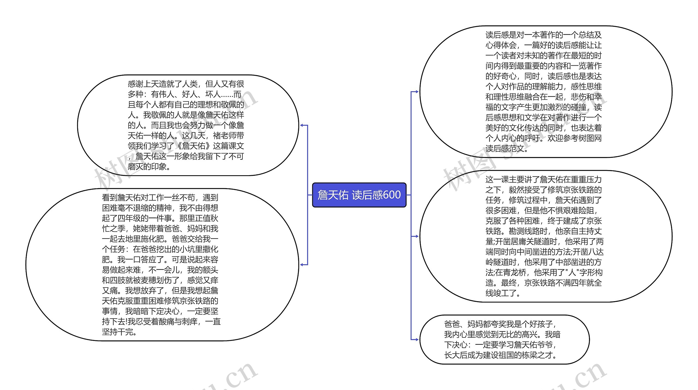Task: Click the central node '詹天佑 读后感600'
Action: (359, 195)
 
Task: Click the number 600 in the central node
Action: (392, 195)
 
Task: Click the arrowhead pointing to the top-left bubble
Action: (302, 125)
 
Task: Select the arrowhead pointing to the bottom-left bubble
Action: (302, 265)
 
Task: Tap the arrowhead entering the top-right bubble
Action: (416, 92)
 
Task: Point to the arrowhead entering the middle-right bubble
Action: (416, 236)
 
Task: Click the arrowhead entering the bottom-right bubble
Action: (416, 340)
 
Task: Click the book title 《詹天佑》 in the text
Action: (194, 146)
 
